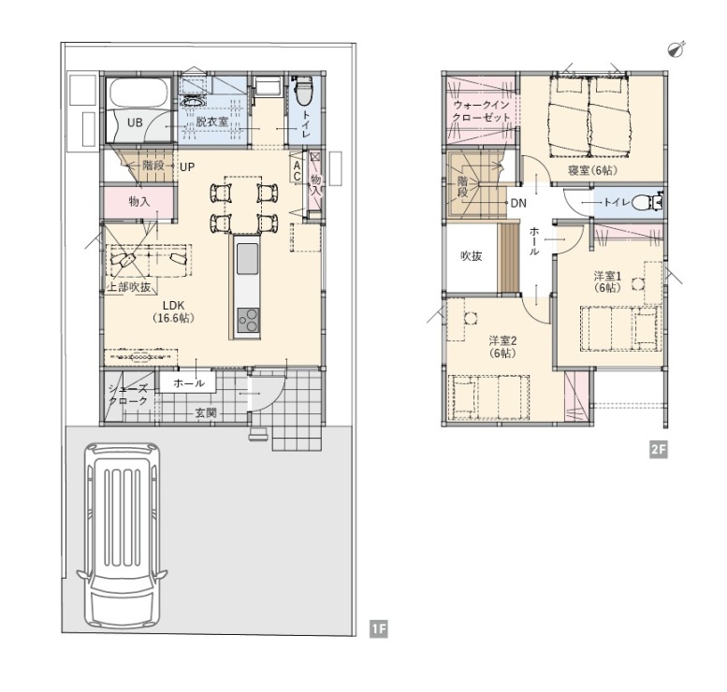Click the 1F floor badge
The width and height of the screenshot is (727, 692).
(x=378, y=629)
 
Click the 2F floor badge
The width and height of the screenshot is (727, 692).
(x=659, y=449)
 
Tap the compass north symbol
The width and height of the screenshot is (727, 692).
(x=676, y=50)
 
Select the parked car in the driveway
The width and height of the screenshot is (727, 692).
(x=123, y=535)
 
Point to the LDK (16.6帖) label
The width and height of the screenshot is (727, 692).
(x=173, y=311)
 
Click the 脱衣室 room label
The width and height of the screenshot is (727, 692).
(x=211, y=122)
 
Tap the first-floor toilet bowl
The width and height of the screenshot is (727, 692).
(x=304, y=92)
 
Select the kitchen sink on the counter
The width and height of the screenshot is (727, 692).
(x=248, y=259)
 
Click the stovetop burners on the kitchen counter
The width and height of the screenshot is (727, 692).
(x=248, y=320)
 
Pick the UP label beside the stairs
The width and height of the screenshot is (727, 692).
(x=187, y=166)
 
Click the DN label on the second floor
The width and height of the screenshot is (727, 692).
(x=518, y=203)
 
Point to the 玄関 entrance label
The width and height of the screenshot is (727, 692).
(x=206, y=412)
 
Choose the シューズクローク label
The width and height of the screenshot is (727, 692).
(x=128, y=395)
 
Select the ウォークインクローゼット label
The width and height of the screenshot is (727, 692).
(x=481, y=111)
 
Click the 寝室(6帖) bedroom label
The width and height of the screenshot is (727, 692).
(x=593, y=170)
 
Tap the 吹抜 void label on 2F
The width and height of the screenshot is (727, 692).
(x=471, y=256)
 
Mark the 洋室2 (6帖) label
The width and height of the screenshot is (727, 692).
(x=502, y=347)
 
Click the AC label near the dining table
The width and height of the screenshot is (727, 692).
(x=297, y=171)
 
